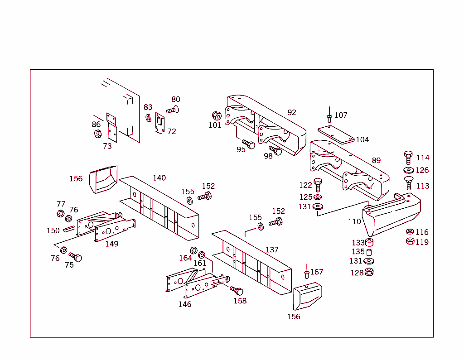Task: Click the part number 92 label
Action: (292, 112)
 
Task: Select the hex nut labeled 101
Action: (217, 115)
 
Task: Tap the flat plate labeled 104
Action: (336, 134)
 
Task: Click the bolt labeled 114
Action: (408, 158)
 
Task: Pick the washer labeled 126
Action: (409, 170)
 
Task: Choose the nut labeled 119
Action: (410, 241)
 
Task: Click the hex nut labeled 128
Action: (369, 272)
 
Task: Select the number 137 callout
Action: (272, 250)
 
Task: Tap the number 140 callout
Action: (159, 178)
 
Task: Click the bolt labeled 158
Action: (237, 291)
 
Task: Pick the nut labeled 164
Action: (193, 250)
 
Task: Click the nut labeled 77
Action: (60, 214)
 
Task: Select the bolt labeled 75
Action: (76, 257)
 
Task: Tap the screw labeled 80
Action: (173, 110)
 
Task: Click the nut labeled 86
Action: (98, 134)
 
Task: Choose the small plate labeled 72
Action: (160, 122)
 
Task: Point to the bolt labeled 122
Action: (318, 185)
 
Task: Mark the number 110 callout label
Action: (354, 221)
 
